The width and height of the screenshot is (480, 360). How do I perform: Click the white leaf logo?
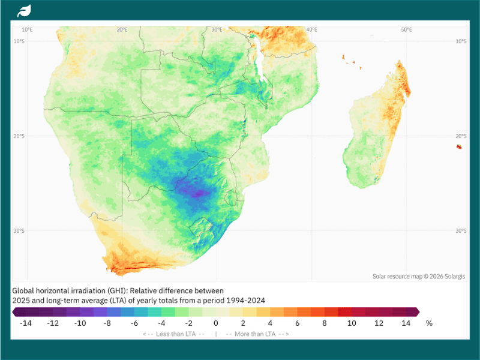24,11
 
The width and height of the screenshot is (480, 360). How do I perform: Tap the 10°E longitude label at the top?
27,29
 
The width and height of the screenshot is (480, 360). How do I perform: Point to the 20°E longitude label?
122,29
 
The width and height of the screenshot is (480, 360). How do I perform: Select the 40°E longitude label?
311,29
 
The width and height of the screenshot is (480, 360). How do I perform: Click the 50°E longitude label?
407,29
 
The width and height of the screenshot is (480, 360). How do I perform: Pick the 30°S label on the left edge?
19,231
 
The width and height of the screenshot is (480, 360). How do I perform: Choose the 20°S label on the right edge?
461,136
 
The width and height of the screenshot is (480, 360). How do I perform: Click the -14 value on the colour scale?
25,323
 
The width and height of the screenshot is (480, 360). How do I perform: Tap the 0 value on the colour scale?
216,323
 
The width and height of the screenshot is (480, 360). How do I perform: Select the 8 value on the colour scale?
325,323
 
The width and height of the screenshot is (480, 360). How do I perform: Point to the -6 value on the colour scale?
134,323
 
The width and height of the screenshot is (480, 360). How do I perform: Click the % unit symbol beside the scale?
429,323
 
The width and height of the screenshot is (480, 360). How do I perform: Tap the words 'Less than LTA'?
176,334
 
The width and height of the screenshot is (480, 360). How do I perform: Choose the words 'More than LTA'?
255,334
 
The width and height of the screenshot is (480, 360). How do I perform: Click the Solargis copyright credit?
418,277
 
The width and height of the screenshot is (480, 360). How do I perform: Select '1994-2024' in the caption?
245,301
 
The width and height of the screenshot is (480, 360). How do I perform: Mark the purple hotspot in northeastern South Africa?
199,193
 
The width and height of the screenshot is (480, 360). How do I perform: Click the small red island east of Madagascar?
459,146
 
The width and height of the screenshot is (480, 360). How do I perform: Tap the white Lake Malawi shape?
259,58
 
